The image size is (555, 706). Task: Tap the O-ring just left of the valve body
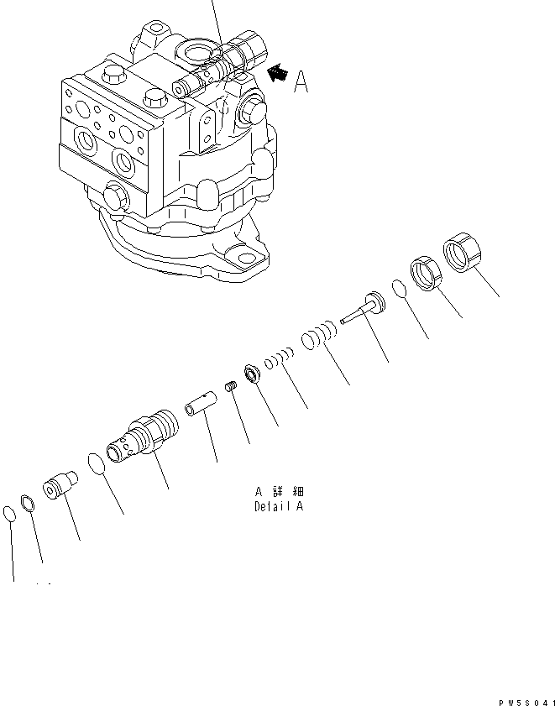click(97, 464)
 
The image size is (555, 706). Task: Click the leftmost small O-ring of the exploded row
click(10, 512)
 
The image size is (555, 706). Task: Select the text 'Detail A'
click(279, 506)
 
